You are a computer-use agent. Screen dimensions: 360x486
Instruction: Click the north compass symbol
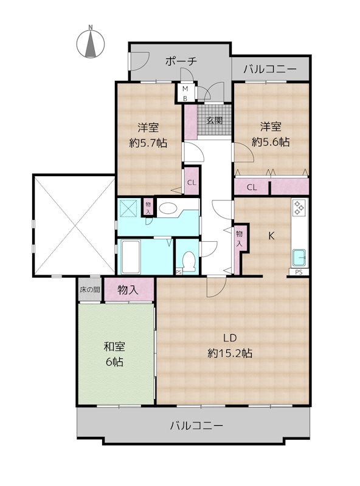pos(91,43)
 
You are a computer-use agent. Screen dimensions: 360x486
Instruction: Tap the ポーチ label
pos(181,61)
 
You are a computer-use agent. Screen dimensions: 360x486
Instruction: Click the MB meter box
pos(185,92)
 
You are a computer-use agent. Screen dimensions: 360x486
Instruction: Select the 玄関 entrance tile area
pos(215,120)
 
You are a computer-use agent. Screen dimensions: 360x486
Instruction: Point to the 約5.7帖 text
pos(148,143)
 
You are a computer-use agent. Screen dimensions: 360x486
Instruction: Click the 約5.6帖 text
pos(271,142)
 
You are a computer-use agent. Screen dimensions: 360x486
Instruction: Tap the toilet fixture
pos(189,260)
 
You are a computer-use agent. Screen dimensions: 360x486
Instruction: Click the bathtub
pos(131,256)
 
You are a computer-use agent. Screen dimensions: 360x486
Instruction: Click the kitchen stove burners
pos(299,207)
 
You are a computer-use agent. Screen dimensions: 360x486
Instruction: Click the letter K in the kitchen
pos(271,236)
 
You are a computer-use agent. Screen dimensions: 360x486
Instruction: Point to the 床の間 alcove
pos(90,290)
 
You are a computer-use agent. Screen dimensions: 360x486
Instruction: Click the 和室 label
pos(114,347)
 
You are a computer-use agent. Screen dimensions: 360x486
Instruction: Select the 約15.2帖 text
pos(230,354)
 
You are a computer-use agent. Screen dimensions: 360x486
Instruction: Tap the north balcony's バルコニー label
pos(270,69)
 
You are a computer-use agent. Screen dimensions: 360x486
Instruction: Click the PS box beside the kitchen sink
pos(299,272)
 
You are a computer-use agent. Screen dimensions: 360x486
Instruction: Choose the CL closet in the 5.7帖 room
pos(192,182)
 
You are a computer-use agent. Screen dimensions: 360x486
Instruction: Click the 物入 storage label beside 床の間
pos(128,290)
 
